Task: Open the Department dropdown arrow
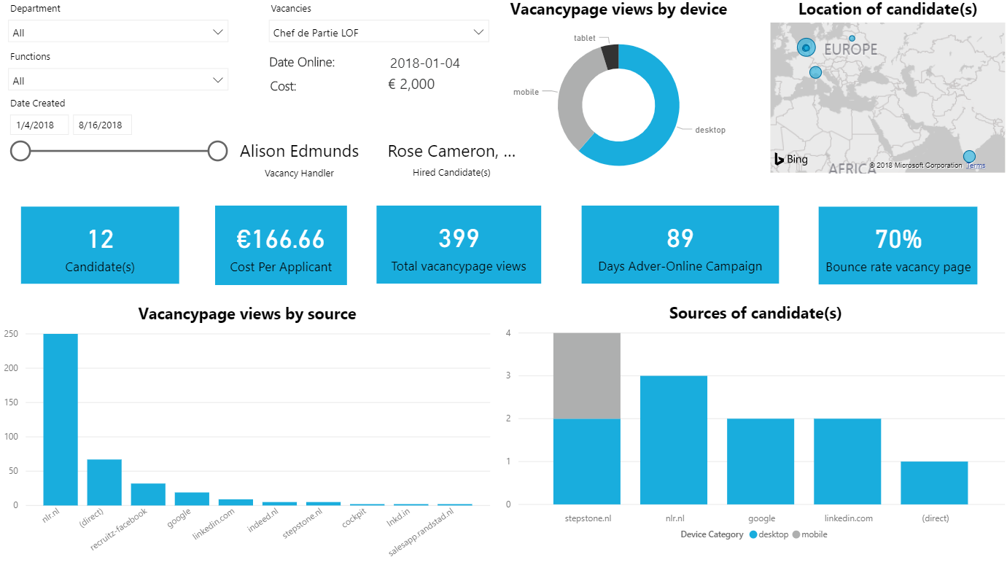click(218, 32)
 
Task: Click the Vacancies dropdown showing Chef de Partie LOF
click(378, 32)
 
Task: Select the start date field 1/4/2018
click(39, 125)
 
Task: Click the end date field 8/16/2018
click(102, 125)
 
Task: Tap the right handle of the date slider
click(217, 151)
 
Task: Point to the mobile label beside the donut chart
click(526, 92)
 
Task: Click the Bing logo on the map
click(790, 159)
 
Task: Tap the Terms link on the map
click(976, 165)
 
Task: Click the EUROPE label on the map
click(850, 50)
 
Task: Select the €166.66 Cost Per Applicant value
click(281, 238)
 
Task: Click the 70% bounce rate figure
click(898, 238)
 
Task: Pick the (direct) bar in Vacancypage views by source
click(104, 482)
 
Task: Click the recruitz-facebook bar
click(148, 494)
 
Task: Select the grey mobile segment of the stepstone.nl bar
click(587, 375)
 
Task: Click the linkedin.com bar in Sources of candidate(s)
click(847, 461)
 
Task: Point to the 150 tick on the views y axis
click(12, 402)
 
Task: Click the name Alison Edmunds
click(299, 151)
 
